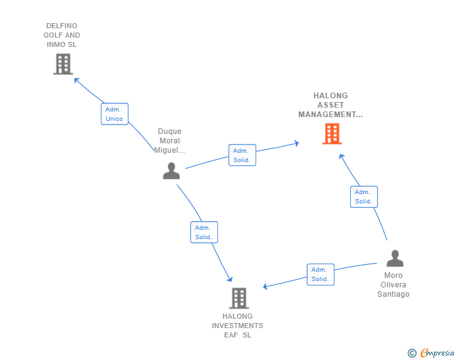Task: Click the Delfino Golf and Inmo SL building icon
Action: [x=63, y=64]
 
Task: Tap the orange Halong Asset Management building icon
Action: [x=332, y=133]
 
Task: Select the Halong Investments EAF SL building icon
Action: [x=239, y=298]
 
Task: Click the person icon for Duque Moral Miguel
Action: [x=171, y=170]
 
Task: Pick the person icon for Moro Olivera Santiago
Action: [x=395, y=258]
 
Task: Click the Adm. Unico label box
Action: [x=115, y=114]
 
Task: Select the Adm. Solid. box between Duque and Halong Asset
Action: [x=242, y=155]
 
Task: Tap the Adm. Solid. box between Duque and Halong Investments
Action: [x=204, y=232]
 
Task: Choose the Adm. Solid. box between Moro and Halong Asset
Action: [x=363, y=197]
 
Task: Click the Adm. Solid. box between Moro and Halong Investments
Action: [x=320, y=274]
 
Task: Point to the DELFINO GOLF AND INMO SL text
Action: [x=63, y=35]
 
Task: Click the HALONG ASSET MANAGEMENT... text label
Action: [x=331, y=105]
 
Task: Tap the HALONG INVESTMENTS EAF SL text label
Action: [x=237, y=326]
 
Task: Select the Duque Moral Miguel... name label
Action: [x=170, y=141]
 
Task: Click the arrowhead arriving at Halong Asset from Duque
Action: [x=296, y=144]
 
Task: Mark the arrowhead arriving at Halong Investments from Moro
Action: [x=266, y=287]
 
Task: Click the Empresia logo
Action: [x=437, y=353]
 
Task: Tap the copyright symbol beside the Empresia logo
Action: [x=412, y=354]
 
